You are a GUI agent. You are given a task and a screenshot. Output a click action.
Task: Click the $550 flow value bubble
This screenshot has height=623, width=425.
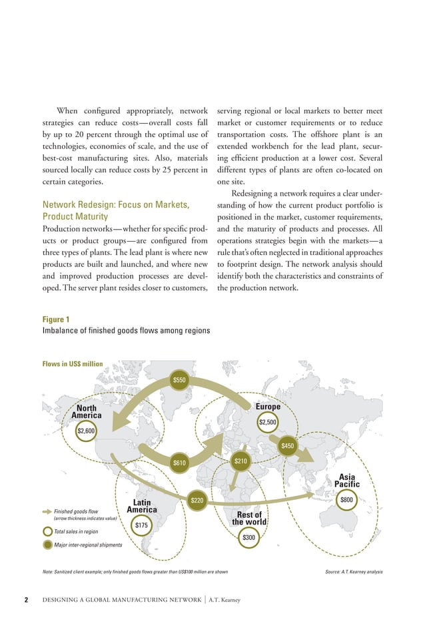180,379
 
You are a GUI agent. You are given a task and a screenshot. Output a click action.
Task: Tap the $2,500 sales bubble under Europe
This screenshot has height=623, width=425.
268,421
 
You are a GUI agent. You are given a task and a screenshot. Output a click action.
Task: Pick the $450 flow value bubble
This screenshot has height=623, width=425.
288,445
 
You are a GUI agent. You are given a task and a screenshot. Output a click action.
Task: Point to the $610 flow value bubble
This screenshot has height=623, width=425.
179,462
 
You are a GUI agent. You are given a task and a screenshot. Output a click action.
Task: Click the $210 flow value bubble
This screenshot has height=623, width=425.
240,461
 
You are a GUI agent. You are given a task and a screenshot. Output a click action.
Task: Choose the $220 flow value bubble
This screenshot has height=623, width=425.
197,500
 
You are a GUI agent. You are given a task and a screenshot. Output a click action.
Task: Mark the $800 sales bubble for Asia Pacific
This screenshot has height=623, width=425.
346,500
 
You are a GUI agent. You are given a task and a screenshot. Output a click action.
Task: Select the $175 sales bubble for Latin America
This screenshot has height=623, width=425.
141,525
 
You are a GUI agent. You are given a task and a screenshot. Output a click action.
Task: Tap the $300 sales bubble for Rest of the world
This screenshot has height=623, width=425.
248,537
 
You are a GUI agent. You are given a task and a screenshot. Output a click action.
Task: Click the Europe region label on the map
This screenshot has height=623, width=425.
268,406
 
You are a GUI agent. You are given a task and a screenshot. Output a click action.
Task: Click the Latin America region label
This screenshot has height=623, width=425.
142,506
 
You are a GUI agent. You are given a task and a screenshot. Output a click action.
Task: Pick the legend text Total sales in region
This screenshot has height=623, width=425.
76,532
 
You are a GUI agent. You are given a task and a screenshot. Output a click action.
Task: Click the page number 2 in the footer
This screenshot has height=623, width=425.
26,600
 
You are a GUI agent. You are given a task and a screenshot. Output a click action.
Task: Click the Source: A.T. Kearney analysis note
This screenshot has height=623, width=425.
353,572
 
